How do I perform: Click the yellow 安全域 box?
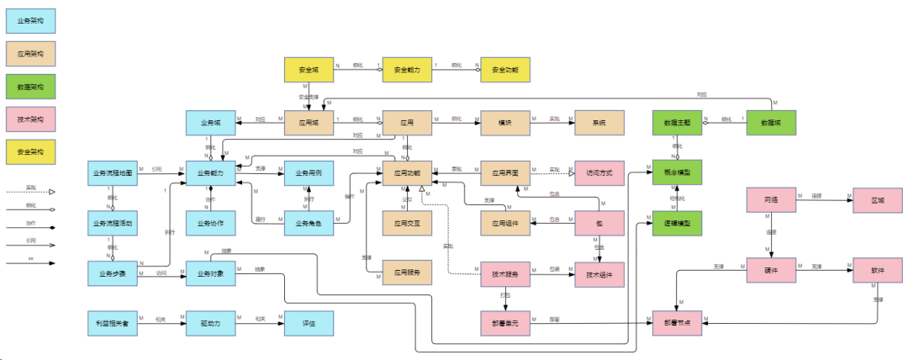click(309, 70)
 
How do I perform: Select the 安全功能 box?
click(504, 70)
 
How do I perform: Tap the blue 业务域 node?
click(210, 123)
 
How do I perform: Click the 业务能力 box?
click(210, 172)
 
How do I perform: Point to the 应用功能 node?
click(407, 172)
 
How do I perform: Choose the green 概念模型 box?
click(677, 172)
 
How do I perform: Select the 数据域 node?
click(771, 123)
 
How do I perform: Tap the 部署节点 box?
click(677, 324)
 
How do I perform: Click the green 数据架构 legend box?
click(31, 85)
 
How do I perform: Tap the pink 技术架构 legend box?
click(31, 119)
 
